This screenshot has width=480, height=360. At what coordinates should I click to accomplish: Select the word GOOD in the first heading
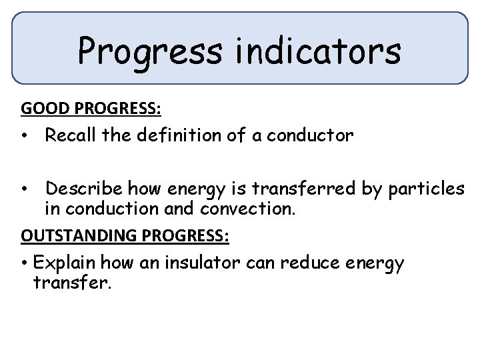[41, 108]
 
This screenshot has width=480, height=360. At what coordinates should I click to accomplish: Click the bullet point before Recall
[23, 137]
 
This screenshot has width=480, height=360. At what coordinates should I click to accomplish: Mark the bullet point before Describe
[23, 189]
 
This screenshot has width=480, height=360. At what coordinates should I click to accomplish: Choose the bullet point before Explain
[23, 263]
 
